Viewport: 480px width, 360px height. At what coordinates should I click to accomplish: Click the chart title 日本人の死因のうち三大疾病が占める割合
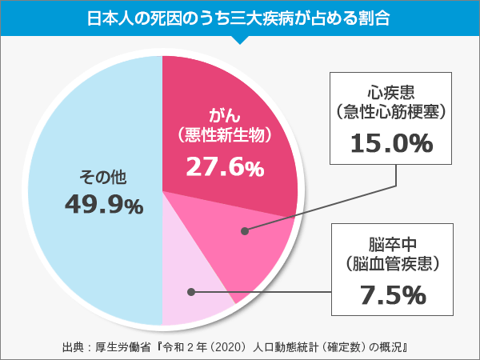pyautogui.click(x=240, y=17)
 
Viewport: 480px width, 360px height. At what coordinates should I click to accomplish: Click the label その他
pyautogui.click(x=103, y=175)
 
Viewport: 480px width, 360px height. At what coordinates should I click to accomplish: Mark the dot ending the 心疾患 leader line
pyautogui.click(x=245, y=231)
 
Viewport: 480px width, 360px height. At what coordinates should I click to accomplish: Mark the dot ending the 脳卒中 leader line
pyautogui.click(x=195, y=292)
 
